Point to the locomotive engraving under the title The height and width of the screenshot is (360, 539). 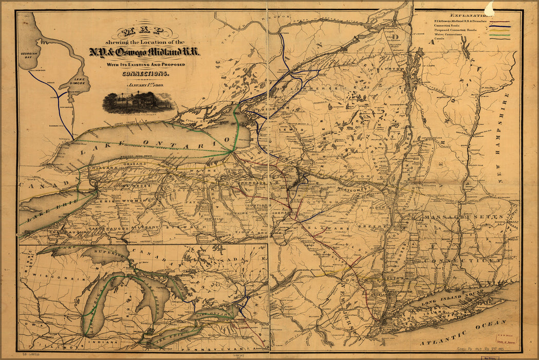click(138, 102)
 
